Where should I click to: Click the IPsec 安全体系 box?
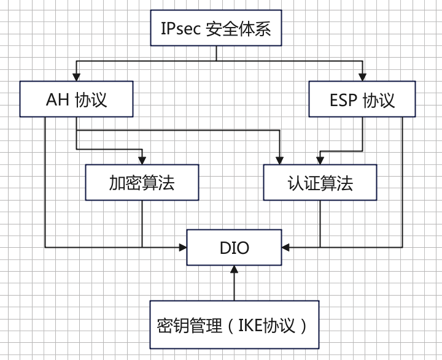[x=216, y=28]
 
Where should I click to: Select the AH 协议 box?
[x=76, y=99]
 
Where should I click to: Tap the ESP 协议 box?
[x=362, y=99]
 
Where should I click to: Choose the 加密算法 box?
[x=142, y=182]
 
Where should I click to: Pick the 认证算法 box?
[x=320, y=182]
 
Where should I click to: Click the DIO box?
[x=234, y=247]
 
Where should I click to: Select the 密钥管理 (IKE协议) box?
[x=234, y=324]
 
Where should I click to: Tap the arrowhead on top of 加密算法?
[x=142, y=161]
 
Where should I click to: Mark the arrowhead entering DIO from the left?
[x=183, y=247]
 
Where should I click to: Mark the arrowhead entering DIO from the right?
[x=285, y=247]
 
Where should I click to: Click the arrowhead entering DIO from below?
[x=234, y=269]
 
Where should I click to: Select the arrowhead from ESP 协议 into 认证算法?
[x=319, y=161]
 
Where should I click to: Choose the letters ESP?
[x=343, y=100]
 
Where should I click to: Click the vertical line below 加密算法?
[x=142, y=224]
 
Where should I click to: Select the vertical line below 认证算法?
[x=320, y=224]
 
